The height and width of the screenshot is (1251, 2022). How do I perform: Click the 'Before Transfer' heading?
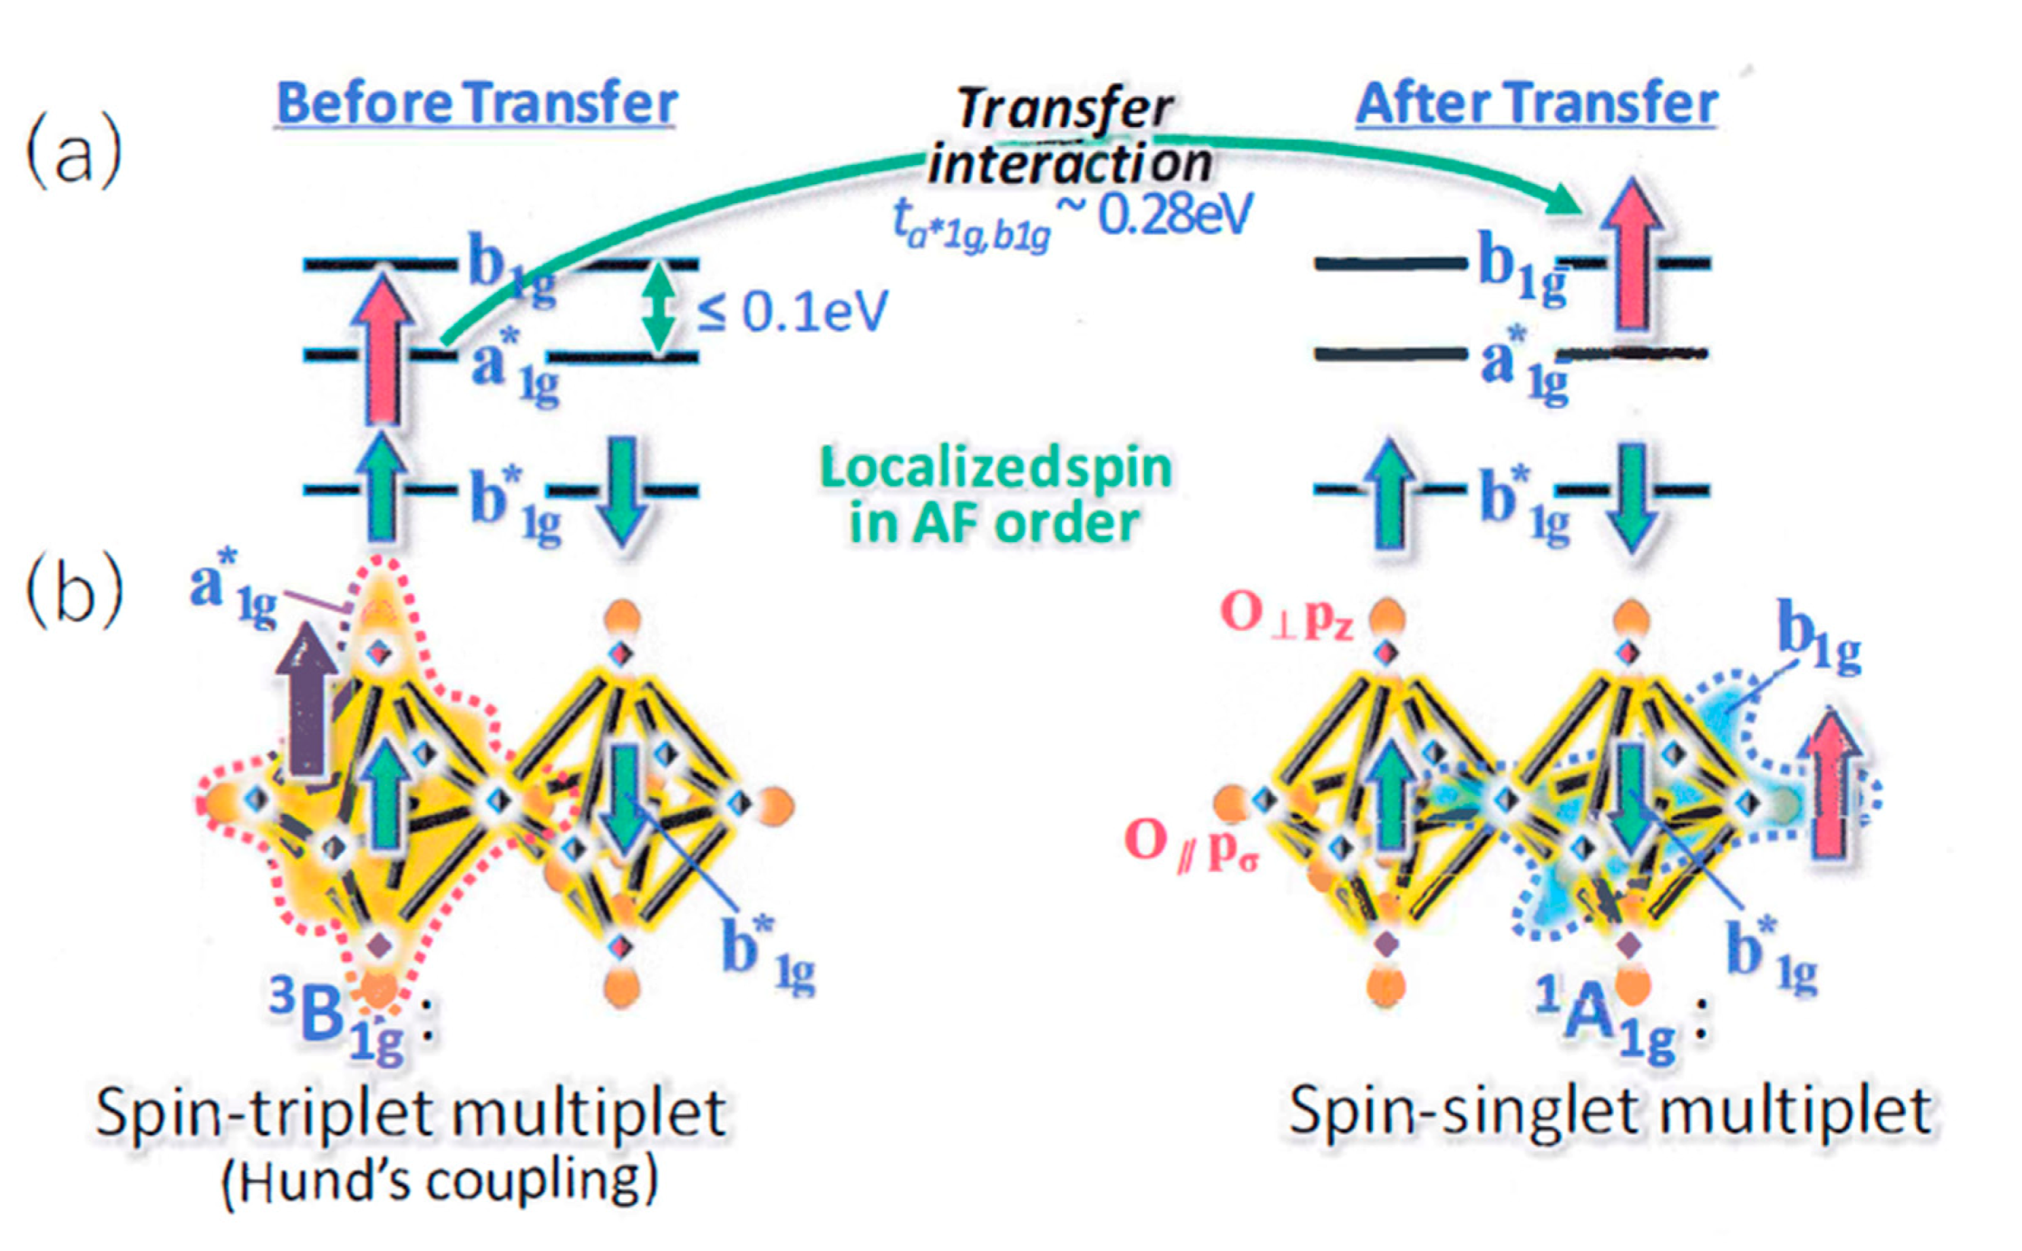point(476,103)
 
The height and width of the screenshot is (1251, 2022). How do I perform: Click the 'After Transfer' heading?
point(1536,103)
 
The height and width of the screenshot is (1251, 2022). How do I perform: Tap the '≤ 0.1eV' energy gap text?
point(792,312)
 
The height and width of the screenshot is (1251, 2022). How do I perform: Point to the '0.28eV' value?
point(1175,215)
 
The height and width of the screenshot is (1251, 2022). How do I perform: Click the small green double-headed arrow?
point(659,308)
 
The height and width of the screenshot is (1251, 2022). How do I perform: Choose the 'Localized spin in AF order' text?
point(995,495)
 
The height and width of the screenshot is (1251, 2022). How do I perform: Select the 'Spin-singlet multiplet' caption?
point(1610,1110)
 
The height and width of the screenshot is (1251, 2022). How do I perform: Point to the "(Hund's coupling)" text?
point(441,1181)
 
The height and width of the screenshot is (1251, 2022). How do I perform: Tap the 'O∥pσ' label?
point(1191,844)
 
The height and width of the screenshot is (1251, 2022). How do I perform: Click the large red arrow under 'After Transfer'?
point(1632,254)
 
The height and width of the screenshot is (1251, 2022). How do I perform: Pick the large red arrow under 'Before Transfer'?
point(384,349)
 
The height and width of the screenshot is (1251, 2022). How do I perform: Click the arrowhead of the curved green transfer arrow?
point(1563,199)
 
